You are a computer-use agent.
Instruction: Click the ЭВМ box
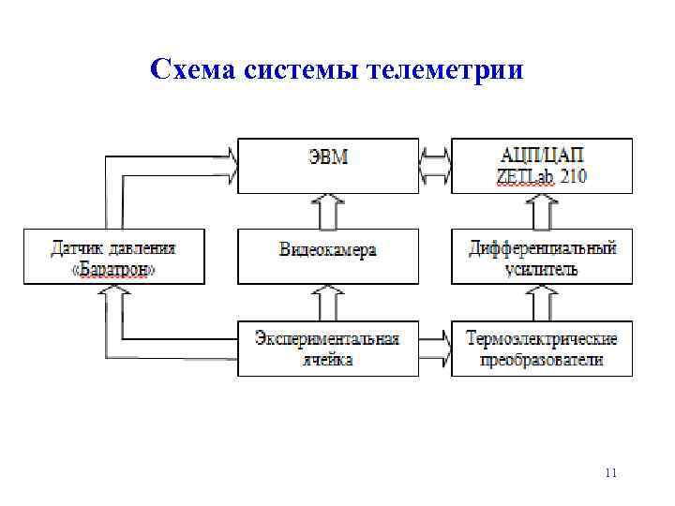pos(327,166)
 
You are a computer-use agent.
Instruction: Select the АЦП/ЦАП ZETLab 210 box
pos(541,166)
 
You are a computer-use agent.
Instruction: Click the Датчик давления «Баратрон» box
pos(113,256)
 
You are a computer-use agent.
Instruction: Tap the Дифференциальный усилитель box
pos(541,256)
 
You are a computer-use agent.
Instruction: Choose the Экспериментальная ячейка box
pos(327,349)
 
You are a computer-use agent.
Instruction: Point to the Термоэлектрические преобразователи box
pos(541,349)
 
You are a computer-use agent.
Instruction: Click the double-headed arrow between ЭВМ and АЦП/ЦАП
pos(435,166)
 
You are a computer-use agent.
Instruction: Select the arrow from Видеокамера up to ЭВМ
pos(327,211)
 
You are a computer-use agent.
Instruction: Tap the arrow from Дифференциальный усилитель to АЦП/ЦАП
pos(541,211)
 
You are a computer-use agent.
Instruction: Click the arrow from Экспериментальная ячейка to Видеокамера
pos(327,303)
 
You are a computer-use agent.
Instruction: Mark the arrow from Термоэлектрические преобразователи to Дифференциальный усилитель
pos(541,303)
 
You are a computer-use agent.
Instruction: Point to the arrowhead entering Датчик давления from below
pos(113,294)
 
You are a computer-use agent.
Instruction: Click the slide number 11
pos(611,473)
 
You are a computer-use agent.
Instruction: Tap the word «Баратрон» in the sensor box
pos(113,269)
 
